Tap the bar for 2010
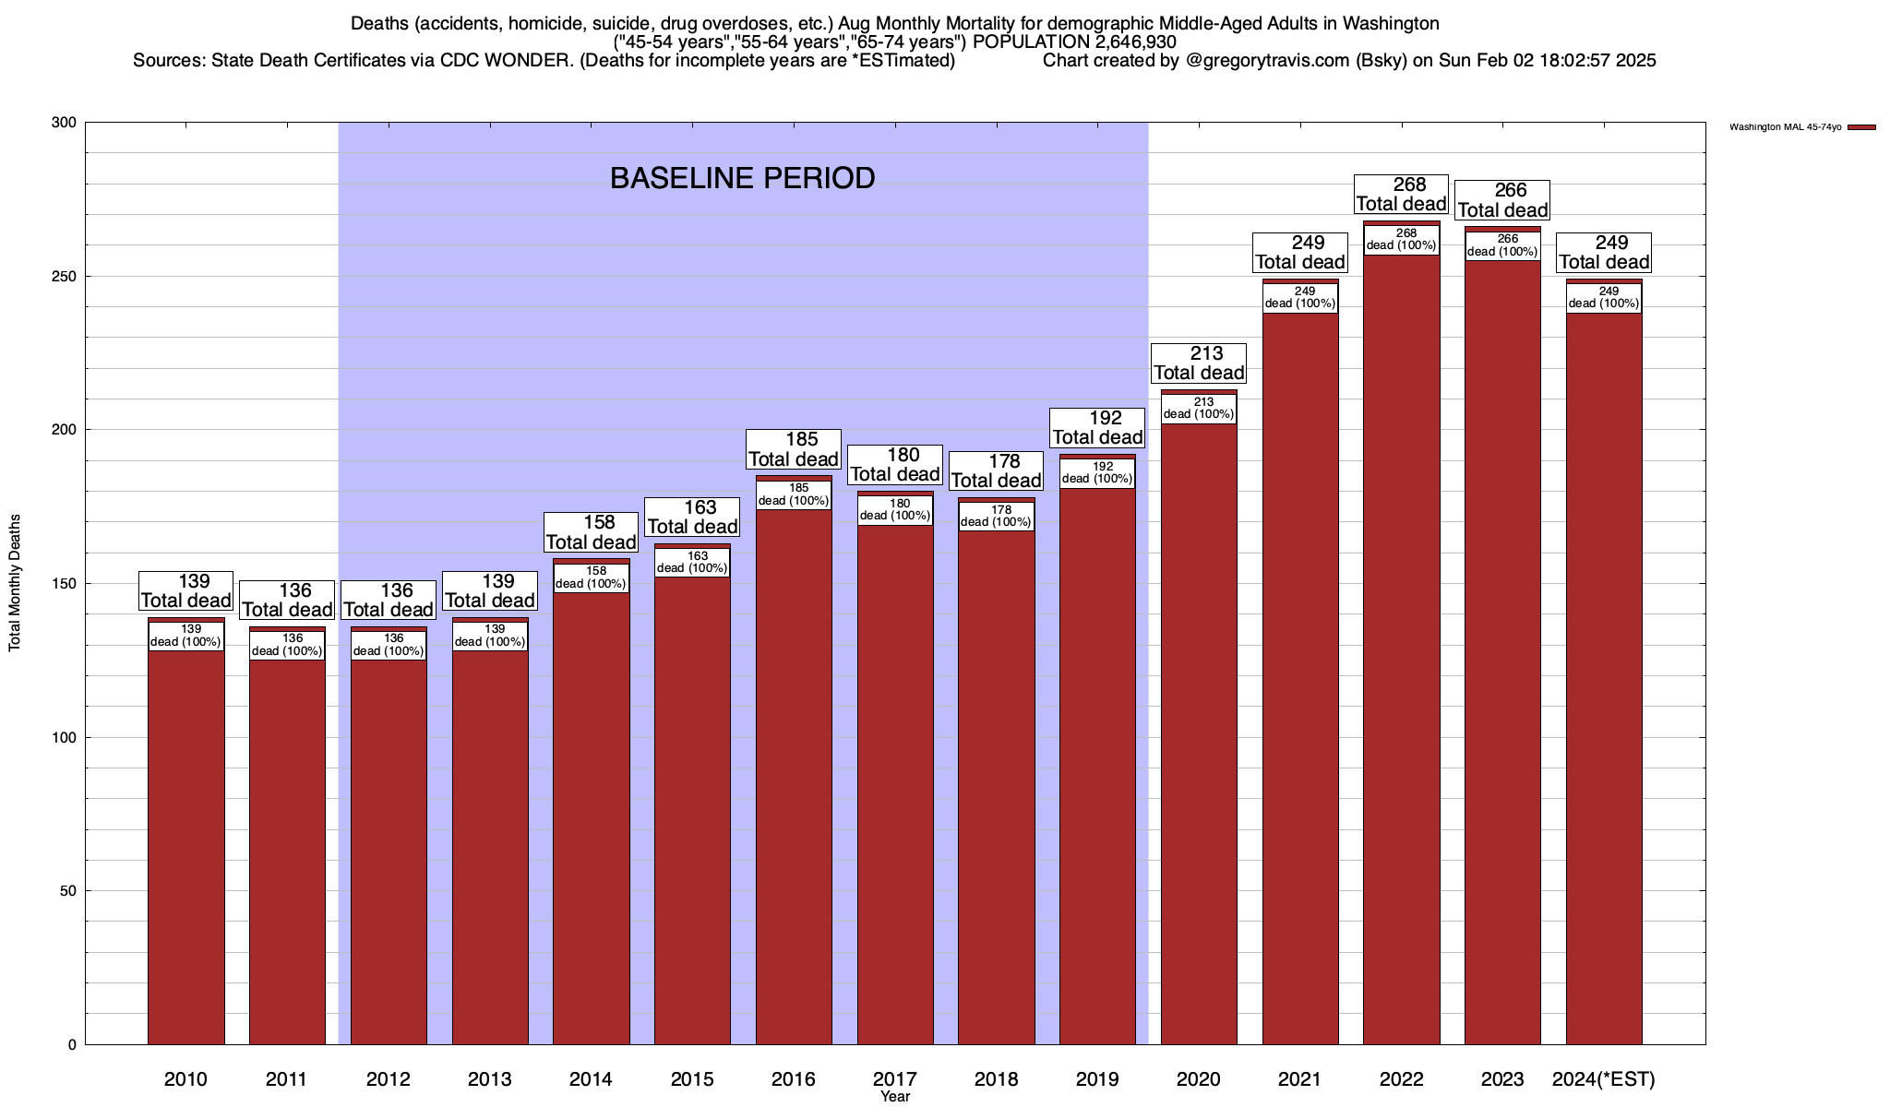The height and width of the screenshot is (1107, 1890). (185, 849)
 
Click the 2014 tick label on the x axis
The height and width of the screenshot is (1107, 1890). (591, 1078)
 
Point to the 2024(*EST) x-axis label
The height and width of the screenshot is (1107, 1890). (1604, 1078)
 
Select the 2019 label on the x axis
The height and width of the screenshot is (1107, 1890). (1097, 1078)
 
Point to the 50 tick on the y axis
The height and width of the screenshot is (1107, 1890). (68, 891)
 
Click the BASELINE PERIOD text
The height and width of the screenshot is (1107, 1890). (742, 178)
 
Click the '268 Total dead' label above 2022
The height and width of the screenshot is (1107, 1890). (1401, 195)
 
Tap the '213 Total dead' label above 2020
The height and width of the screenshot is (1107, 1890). (1199, 363)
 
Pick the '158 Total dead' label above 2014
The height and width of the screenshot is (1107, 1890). (591, 532)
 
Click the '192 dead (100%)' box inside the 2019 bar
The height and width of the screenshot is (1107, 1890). (1097, 473)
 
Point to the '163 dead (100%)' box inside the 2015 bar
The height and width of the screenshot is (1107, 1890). (692, 563)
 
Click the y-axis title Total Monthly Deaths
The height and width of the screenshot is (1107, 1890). (15, 583)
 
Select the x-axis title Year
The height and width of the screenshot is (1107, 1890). (894, 1097)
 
